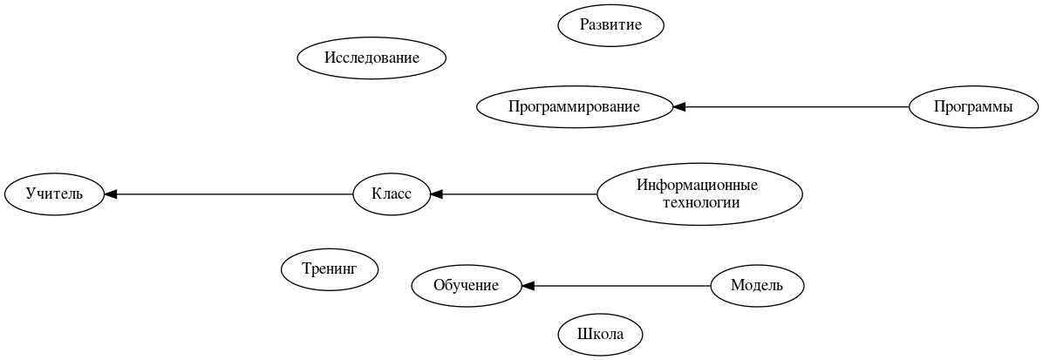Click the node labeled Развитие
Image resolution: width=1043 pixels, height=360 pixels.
[x=610, y=24]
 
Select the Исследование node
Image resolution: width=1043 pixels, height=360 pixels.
[x=372, y=58]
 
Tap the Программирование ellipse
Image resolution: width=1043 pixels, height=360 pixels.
[x=574, y=107]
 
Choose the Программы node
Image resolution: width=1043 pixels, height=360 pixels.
[x=972, y=107]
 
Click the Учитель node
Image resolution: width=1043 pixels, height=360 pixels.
[x=54, y=194]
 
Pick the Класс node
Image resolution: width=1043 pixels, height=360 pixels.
[x=392, y=194]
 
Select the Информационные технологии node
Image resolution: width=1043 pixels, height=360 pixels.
[x=699, y=194]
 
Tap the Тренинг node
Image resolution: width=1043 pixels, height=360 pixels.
[x=330, y=268]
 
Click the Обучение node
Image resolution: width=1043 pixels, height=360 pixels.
[x=467, y=285]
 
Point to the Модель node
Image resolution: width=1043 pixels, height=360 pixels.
[x=756, y=285]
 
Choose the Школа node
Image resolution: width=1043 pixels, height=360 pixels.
[x=601, y=335]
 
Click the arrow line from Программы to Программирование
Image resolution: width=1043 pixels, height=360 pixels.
[x=794, y=107]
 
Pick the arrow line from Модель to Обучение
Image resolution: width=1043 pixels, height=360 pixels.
[x=619, y=285]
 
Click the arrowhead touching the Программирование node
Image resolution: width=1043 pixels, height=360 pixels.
[x=679, y=107]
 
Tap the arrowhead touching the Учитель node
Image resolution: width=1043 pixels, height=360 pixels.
[x=111, y=194]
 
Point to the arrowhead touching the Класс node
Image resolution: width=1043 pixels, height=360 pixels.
[x=436, y=194]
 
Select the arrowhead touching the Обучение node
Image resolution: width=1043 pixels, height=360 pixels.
[x=528, y=285]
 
